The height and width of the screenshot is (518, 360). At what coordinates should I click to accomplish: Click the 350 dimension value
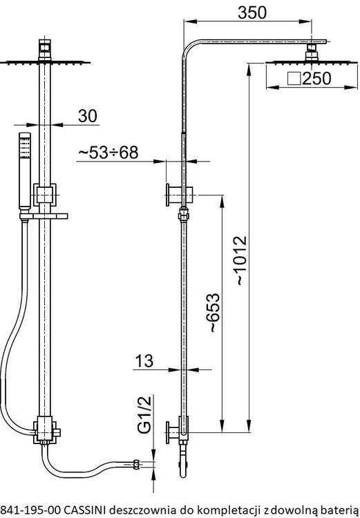point(252,12)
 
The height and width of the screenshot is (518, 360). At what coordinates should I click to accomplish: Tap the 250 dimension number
point(316,78)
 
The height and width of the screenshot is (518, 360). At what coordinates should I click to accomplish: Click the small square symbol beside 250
point(294,79)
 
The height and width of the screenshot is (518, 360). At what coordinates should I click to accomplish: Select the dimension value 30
point(88,116)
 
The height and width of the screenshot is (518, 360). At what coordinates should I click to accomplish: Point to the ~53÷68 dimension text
point(108,153)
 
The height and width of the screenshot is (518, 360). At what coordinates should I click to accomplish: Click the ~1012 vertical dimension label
point(240,260)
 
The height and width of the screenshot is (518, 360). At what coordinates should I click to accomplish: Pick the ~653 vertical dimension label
point(213,312)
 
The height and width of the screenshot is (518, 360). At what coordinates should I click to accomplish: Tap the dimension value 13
point(144,361)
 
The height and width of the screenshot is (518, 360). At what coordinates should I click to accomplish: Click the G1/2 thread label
point(144,414)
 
